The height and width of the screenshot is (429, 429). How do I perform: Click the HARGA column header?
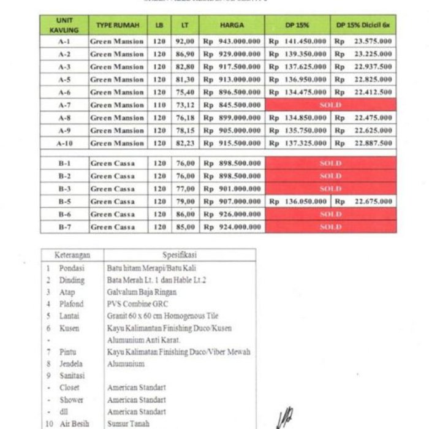click(232, 25)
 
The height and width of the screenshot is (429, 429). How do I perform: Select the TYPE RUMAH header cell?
click(118, 25)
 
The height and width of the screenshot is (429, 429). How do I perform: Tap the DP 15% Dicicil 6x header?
click(363, 25)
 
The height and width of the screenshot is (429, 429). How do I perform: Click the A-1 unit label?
click(64, 41)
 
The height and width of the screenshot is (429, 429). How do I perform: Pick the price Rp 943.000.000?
click(232, 41)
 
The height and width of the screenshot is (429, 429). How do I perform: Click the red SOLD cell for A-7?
click(330, 105)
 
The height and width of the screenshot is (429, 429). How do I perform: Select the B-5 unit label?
click(64, 201)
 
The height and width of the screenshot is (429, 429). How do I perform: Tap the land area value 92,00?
click(185, 41)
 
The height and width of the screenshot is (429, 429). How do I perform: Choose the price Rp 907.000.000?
click(232, 201)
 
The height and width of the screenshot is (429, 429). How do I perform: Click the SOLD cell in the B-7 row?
click(330, 227)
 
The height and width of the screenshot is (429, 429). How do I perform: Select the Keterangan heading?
click(73, 254)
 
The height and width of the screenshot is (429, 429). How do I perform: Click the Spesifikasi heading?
click(180, 254)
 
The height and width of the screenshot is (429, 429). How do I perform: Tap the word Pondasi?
click(72, 268)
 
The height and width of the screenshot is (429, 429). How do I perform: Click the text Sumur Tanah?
click(128, 423)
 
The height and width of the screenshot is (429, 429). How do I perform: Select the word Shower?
click(71, 400)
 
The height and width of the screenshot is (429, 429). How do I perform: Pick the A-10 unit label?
click(64, 143)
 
